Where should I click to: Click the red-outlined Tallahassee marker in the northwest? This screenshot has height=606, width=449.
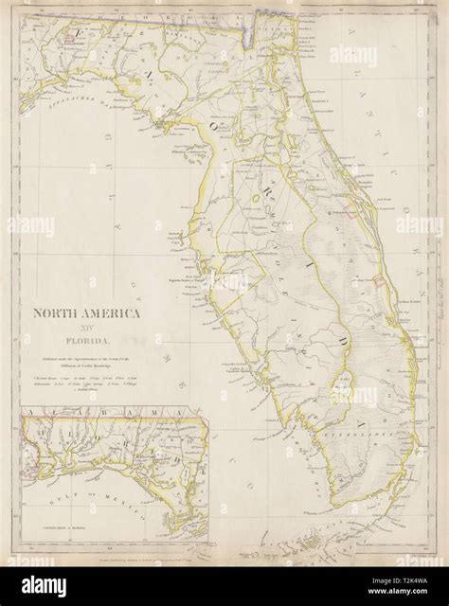70,39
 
